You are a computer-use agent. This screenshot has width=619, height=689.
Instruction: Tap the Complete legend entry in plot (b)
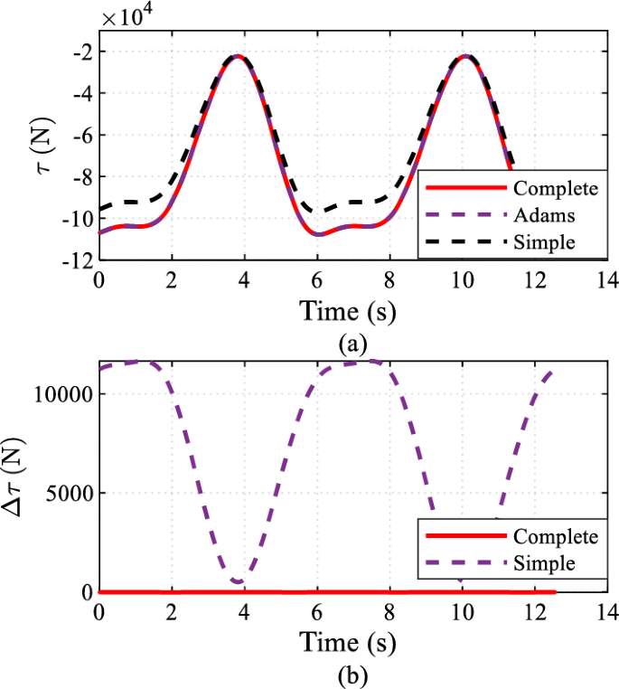pos(554,536)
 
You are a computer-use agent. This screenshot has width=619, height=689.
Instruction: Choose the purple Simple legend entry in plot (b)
pos(543,563)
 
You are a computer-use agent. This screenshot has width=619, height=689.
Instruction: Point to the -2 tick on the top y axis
pos(80,52)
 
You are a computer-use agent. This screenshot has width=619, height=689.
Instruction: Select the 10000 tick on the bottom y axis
pos(61,394)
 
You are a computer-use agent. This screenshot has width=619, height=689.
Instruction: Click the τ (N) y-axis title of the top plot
pos(38,156)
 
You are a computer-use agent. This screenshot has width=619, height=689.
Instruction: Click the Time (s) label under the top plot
pos(348,312)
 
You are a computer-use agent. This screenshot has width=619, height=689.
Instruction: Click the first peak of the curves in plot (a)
pos(238,56)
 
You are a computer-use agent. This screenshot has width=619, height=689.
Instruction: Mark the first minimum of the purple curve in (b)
pos(239,580)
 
